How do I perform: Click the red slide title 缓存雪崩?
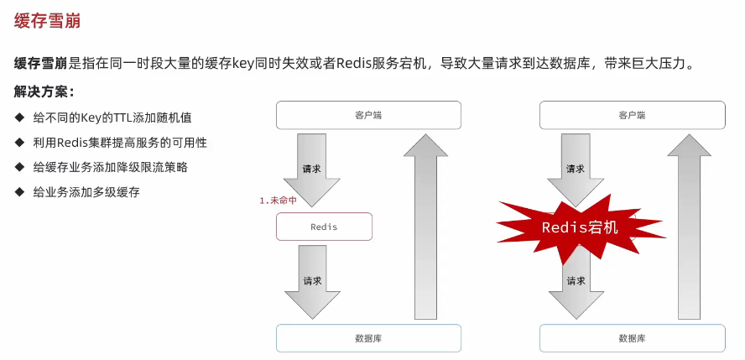click(x=48, y=21)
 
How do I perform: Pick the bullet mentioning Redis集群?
click(x=120, y=143)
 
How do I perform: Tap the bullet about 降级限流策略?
click(x=110, y=167)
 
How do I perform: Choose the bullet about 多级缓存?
click(x=86, y=192)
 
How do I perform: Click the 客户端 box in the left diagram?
click(x=368, y=115)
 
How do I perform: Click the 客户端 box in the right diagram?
click(x=631, y=115)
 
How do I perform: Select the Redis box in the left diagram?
click(x=324, y=227)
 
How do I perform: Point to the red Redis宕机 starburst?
click(x=580, y=227)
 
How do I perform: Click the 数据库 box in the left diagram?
click(x=368, y=338)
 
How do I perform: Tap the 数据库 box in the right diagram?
click(x=631, y=338)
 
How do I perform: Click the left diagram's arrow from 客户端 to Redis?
click(x=311, y=170)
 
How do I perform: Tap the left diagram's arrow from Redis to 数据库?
click(x=311, y=281)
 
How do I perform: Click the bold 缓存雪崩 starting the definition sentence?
click(x=40, y=64)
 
